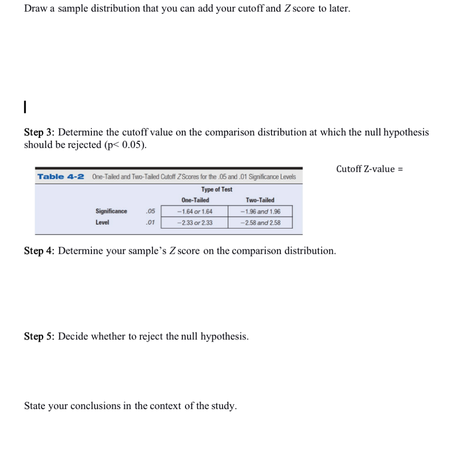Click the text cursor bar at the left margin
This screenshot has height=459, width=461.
(x=26, y=107)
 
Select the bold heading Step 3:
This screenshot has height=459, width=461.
(x=39, y=132)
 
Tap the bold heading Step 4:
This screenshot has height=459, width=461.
(x=39, y=251)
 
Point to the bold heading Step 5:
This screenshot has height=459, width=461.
(x=39, y=336)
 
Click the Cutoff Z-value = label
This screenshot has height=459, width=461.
(x=369, y=169)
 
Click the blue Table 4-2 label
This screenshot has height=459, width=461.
(x=60, y=176)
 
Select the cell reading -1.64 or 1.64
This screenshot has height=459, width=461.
(x=194, y=211)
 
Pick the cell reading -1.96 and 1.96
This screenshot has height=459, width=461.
(x=260, y=211)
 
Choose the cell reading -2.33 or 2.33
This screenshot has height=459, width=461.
(x=194, y=222)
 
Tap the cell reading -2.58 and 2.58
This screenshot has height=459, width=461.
(x=260, y=222)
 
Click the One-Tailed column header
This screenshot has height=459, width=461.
(x=195, y=200)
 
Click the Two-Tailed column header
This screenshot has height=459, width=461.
(x=260, y=200)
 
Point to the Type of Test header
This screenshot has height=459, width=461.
(x=217, y=189)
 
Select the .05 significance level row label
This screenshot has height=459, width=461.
(x=150, y=211)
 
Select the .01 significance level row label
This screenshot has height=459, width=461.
(x=150, y=222)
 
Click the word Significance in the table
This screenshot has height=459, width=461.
(x=111, y=211)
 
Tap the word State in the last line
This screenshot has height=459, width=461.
(x=34, y=406)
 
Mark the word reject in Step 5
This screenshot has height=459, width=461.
(x=151, y=336)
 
